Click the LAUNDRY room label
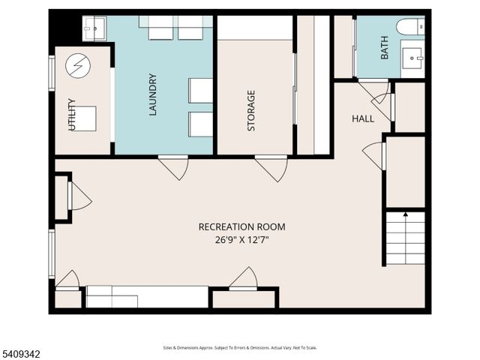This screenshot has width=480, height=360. point(152,94)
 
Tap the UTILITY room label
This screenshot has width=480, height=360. point(72,115)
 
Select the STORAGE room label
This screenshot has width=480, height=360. point(251,111)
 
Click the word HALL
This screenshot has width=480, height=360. point(364,118)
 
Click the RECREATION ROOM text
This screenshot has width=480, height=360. point(241,226)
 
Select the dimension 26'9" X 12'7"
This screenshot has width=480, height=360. point(241,240)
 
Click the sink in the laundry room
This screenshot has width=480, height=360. point(94,28)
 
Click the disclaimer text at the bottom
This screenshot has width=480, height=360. point(240,348)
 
